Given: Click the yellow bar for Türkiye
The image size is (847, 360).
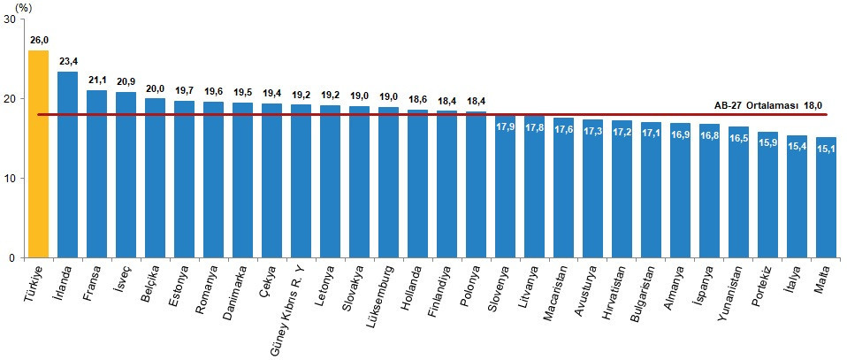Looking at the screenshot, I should click(x=39, y=155).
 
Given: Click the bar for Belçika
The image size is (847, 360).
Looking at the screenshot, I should click(x=155, y=177).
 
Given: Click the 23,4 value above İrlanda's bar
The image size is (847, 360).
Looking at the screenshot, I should click(x=67, y=61).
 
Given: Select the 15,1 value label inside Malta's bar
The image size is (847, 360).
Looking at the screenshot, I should click(x=827, y=148).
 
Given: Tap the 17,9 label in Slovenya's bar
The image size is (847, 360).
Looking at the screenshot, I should click(x=505, y=126).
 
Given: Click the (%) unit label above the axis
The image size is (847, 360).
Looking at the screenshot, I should click(x=23, y=6).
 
